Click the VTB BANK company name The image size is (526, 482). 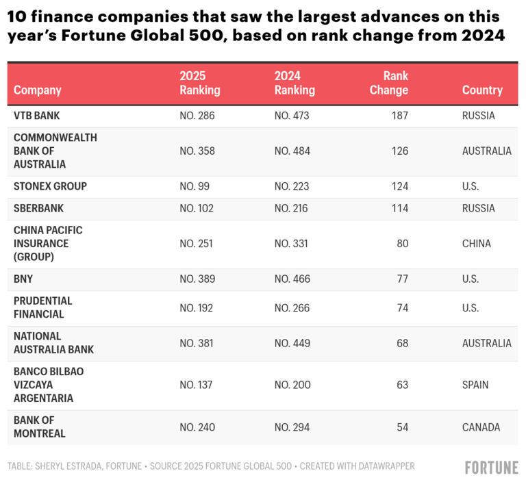[37, 116]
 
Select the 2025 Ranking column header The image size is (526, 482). [199, 83]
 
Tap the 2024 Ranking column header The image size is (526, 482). [295, 83]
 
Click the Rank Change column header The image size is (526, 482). [389, 83]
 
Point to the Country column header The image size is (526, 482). [482, 90]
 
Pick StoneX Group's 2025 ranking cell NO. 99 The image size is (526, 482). [195, 186]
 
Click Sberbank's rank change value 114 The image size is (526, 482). [399, 208]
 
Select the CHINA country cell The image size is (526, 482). [477, 244]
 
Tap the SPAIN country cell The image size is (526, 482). [475, 385]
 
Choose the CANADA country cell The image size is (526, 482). [481, 427]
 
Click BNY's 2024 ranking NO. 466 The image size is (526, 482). [292, 279]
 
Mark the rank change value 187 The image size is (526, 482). [399, 116]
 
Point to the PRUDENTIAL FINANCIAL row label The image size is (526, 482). [43, 307]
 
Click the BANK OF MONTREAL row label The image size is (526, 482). [40, 427]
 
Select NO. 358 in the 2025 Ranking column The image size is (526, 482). [197, 151]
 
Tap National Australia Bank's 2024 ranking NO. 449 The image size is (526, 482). [292, 343]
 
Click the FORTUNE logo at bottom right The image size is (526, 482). [491, 468]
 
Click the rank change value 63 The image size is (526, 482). [401, 385]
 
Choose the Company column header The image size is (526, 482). [37, 90]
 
